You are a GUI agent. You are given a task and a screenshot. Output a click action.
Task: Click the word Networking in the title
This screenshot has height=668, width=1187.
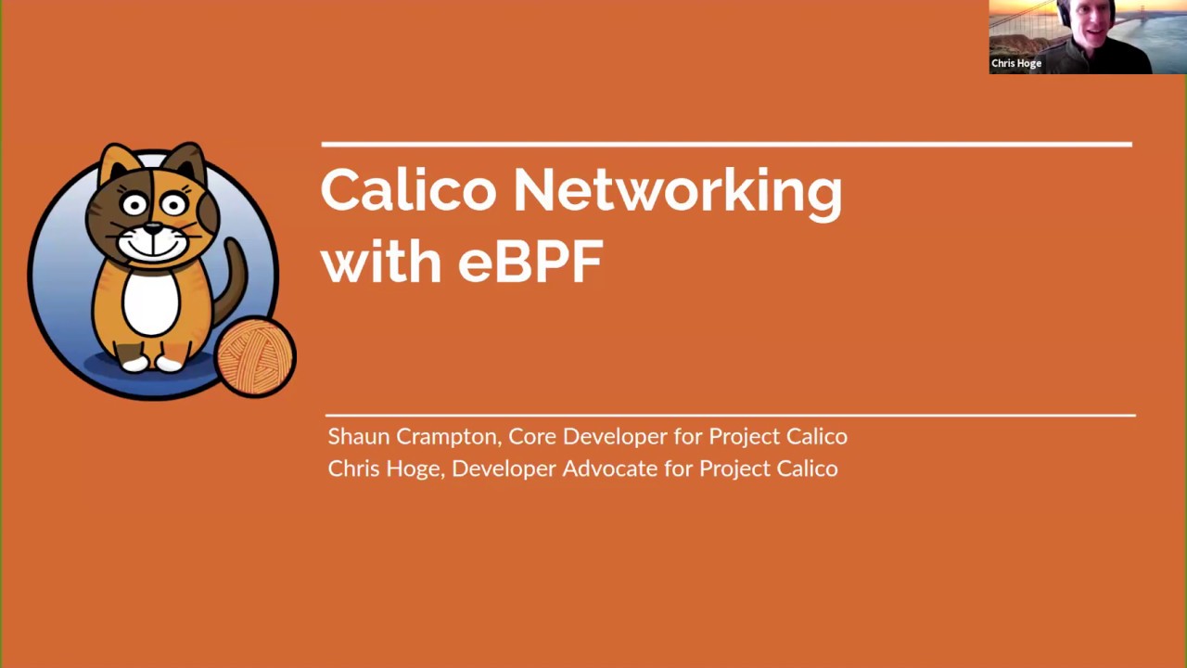pyautogui.click(x=677, y=190)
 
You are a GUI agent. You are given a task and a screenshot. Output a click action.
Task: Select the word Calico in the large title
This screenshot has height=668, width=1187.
pyautogui.click(x=408, y=190)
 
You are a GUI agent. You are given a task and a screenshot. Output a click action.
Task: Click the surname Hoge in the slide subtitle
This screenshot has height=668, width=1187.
pyautogui.click(x=413, y=469)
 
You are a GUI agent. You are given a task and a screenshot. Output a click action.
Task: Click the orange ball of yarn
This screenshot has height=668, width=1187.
pyautogui.click(x=255, y=357)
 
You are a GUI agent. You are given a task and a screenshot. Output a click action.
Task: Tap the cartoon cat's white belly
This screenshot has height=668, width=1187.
pyautogui.click(x=151, y=302)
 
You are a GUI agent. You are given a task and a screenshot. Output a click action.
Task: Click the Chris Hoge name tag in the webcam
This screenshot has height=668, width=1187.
pyautogui.click(x=1016, y=63)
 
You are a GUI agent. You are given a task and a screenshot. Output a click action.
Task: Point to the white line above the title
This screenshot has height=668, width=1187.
pyautogui.click(x=726, y=145)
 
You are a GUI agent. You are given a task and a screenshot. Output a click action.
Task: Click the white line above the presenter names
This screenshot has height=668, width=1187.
pyautogui.click(x=730, y=415)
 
